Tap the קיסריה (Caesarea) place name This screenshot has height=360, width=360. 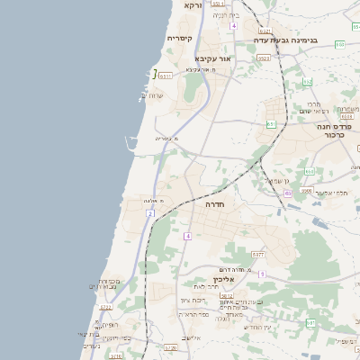pyautogui.click(x=179, y=39)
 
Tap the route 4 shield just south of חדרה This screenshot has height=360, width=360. pyautogui.click(x=188, y=236)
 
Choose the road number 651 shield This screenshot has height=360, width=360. pyautogui.click(x=270, y=124)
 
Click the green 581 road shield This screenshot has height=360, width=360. pyautogui.click(x=310, y=321)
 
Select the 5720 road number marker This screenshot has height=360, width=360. pyautogui.click(x=170, y=346)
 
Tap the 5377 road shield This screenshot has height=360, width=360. pyautogui.click(x=257, y=256)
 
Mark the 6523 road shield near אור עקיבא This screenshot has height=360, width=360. pyautogui.click(x=263, y=58)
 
